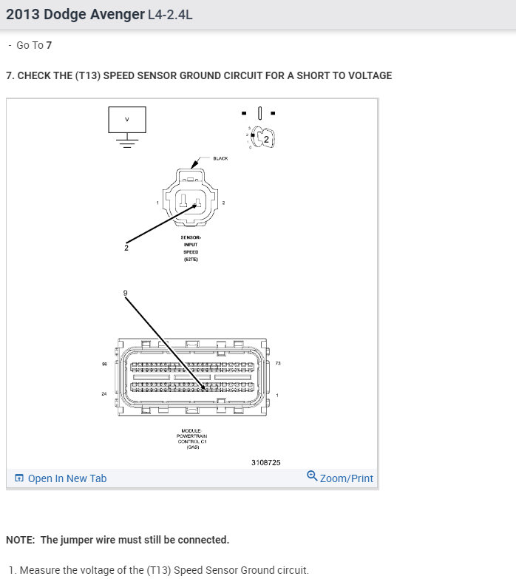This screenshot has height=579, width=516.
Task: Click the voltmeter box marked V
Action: click(x=126, y=119)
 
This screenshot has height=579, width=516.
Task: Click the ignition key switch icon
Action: click(x=260, y=136)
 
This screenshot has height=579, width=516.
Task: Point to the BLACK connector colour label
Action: click(x=220, y=158)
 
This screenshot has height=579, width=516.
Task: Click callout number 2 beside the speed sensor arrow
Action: click(x=126, y=248)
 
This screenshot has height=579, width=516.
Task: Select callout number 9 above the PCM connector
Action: click(x=125, y=294)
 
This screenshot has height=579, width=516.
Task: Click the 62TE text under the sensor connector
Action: click(x=191, y=260)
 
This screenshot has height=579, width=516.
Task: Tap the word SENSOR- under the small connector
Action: click(x=191, y=237)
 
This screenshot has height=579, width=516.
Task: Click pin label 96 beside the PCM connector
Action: click(x=104, y=363)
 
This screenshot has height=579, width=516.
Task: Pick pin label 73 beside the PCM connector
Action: click(x=278, y=363)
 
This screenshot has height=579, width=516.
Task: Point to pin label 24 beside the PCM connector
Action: click(x=104, y=394)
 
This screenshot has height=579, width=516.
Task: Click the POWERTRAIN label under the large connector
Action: click(x=191, y=436)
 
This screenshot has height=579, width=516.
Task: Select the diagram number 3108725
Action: click(x=265, y=462)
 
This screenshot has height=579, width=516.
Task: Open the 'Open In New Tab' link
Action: click(x=67, y=478)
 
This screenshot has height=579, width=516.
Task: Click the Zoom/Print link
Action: click(x=346, y=478)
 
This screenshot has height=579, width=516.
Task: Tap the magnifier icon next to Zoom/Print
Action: click(x=312, y=477)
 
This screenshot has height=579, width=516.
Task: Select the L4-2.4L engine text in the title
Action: click(x=170, y=15)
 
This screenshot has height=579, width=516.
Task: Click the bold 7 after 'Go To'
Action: click(x=49, y=45)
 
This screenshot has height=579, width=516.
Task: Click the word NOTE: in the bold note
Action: click(x=21, y=540)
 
